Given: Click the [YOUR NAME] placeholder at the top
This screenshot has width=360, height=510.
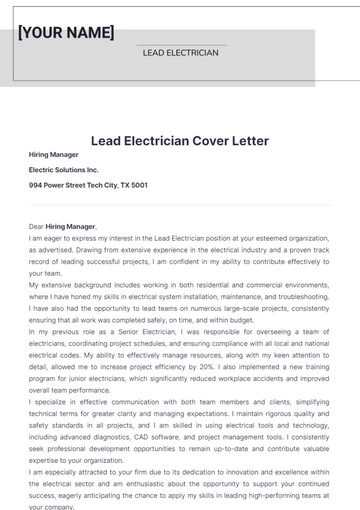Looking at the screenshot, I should pos(66,32).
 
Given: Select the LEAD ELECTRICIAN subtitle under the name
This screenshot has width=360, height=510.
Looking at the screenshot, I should pos(180,52).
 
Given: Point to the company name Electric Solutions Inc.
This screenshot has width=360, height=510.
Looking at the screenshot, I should pos(64,170).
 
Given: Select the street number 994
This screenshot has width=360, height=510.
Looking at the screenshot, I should pos(36,185).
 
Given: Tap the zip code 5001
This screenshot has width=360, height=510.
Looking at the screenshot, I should pos(140,185).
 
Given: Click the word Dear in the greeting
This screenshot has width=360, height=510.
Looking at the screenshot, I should pos(37,227).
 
